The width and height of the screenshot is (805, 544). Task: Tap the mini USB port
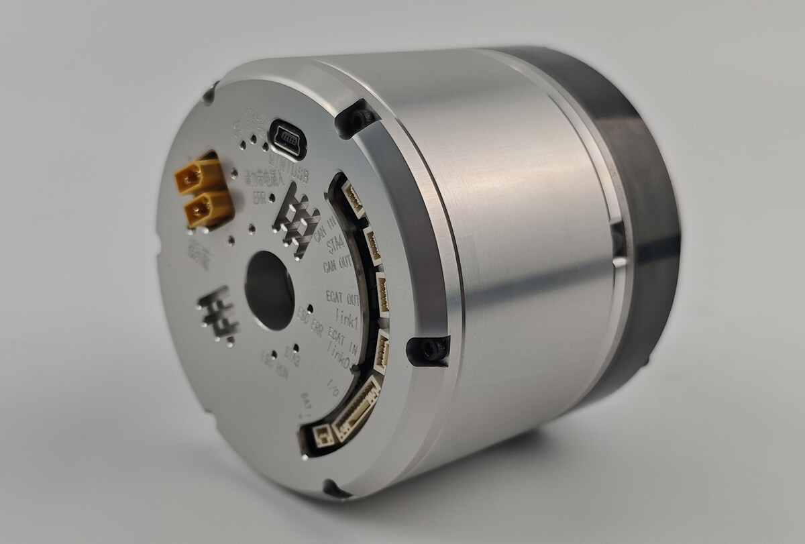[x=288, y=140]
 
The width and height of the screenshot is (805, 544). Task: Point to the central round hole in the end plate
[x=270, y=290]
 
